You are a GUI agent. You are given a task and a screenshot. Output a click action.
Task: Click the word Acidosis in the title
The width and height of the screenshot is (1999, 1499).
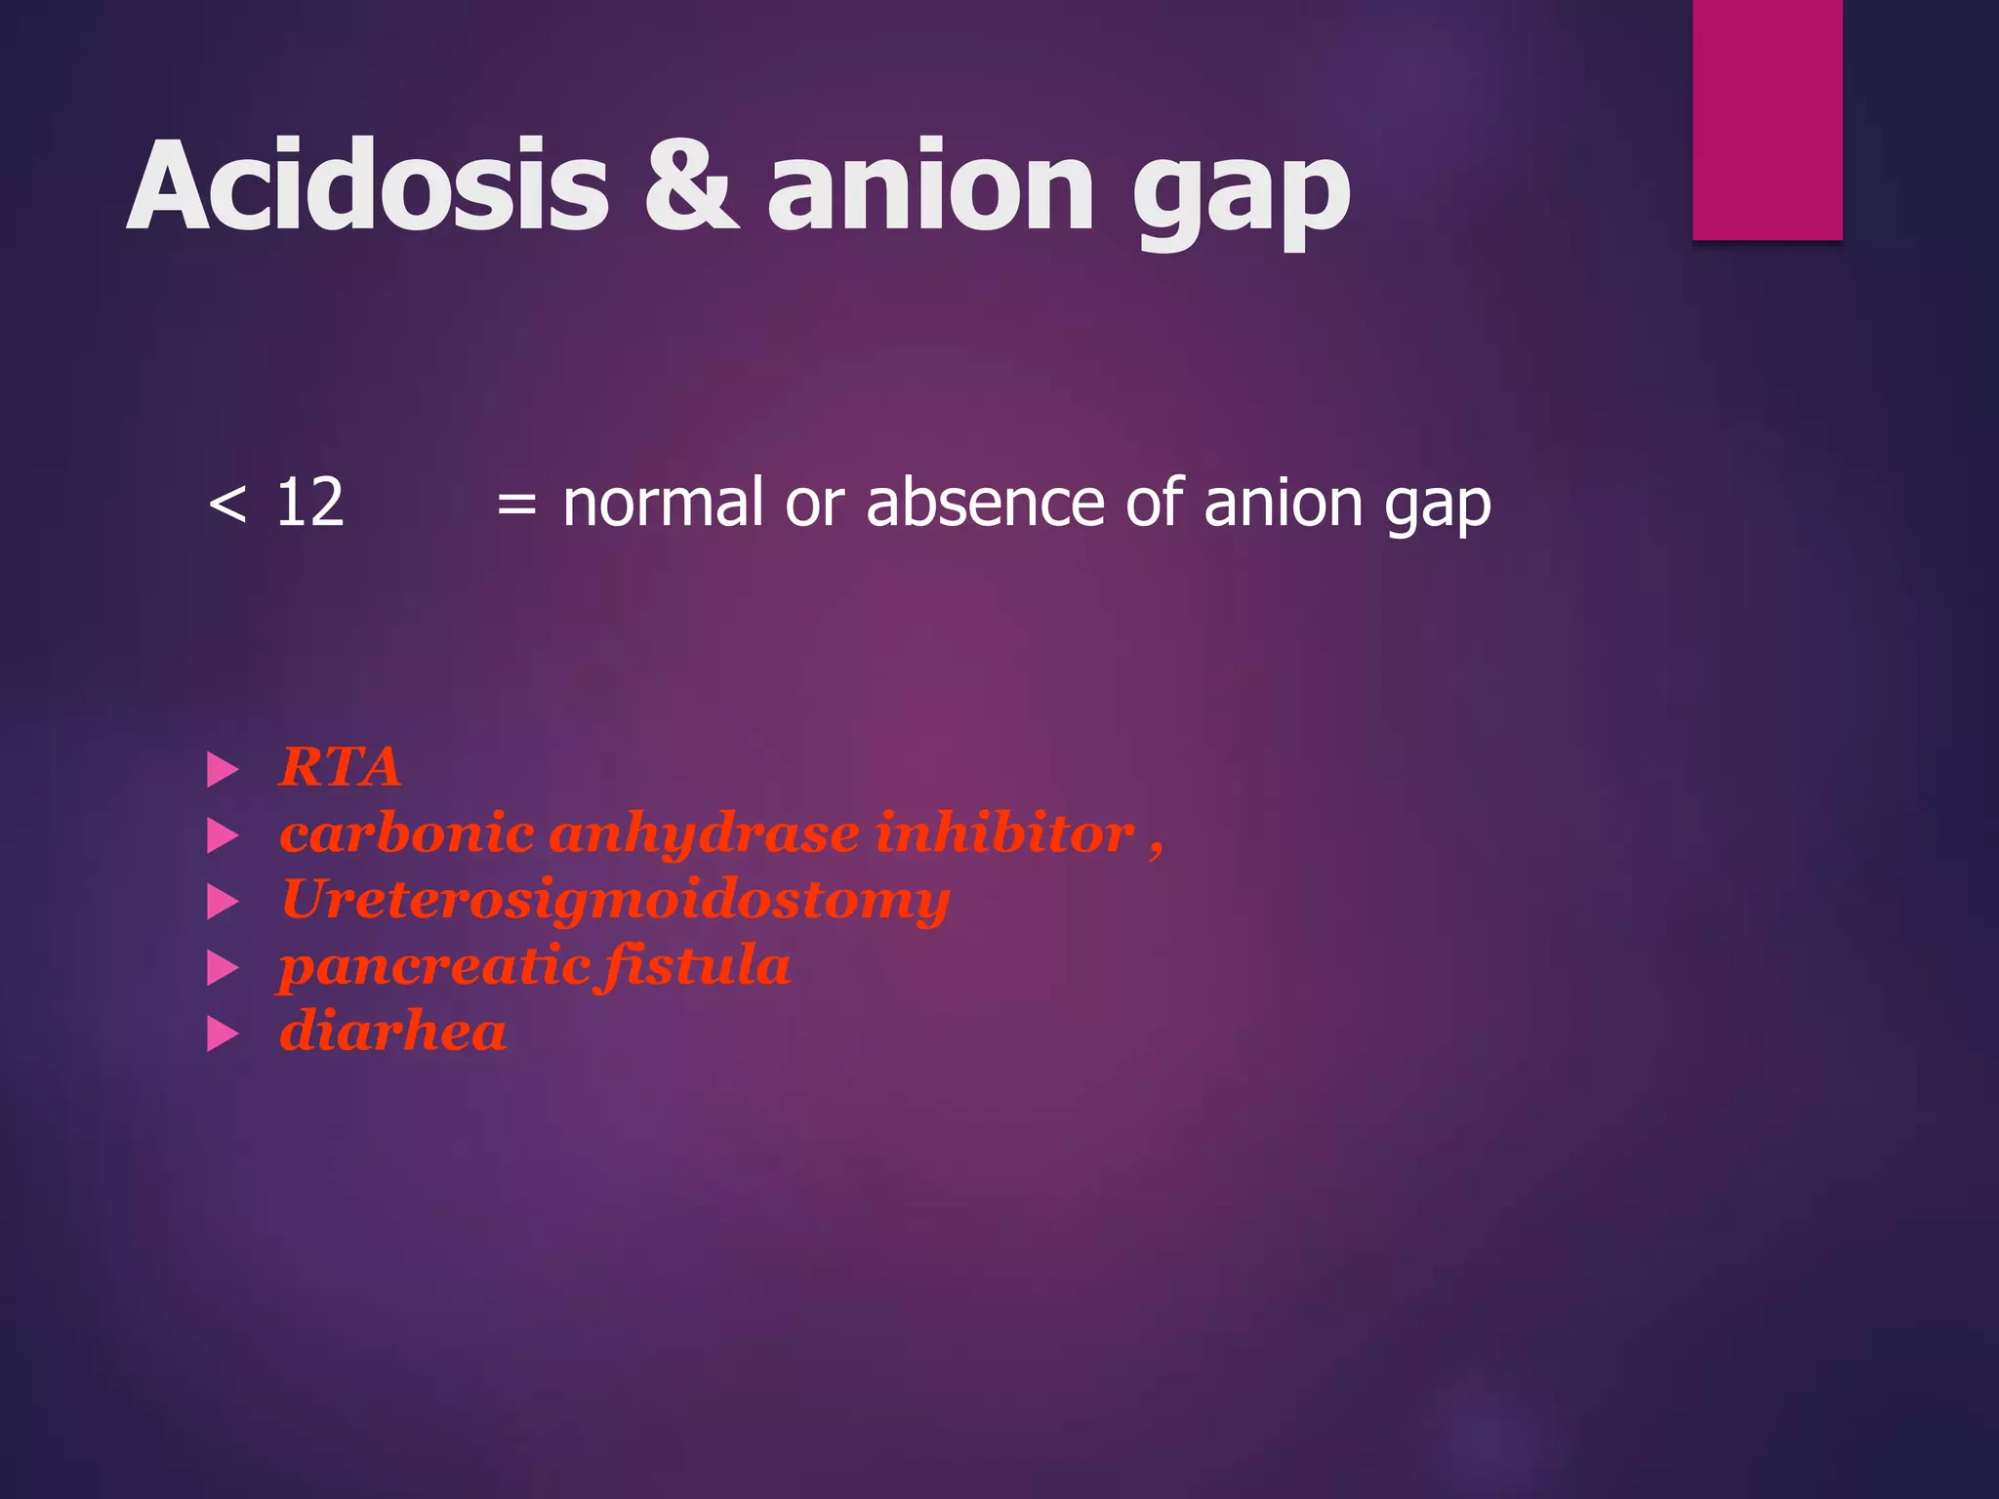coord(368,185)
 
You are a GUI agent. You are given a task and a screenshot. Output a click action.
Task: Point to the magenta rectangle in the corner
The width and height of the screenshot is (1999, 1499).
coord(1767,119)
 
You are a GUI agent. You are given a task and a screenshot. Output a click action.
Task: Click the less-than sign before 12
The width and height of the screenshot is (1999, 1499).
coord(227,505)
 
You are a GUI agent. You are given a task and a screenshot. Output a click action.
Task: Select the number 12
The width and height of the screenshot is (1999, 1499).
coord(309,504)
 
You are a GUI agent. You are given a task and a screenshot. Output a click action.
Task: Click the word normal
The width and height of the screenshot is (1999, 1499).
coord(663,504)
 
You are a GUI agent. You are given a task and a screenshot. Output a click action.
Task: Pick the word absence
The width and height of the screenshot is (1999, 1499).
coord(987,504)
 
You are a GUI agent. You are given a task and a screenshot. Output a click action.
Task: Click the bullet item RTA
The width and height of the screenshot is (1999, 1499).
coord(340,767)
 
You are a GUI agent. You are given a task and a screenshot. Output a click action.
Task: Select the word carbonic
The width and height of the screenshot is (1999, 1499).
coord(406,833)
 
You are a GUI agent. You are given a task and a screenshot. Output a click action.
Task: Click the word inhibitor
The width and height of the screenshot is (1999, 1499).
coord(1004,833)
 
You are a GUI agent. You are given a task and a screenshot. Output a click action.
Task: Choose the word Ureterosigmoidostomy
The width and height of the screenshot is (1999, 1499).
coord(615,900)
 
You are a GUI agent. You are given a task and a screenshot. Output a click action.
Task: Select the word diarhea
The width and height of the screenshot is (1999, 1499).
coord(392,1033)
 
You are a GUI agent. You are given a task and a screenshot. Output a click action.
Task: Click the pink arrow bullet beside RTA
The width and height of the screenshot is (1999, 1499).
coord(223,770)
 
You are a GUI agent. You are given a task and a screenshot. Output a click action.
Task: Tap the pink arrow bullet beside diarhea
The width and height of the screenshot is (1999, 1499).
coord(223,1034)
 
